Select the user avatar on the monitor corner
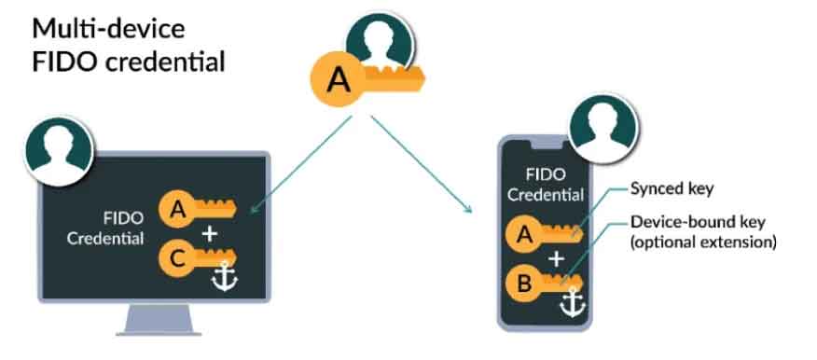(59, 150)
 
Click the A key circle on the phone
(523, 237)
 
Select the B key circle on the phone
(523, 284)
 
